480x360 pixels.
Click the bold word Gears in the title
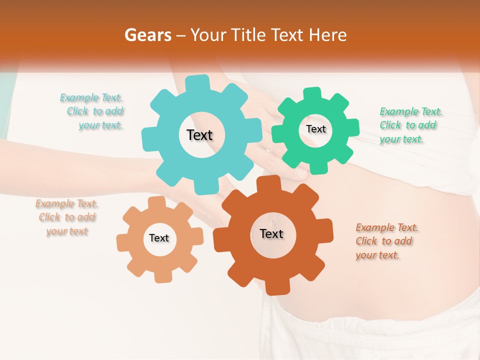(147, 35)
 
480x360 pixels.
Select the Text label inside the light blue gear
(199, 135)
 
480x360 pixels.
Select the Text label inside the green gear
(315, 129)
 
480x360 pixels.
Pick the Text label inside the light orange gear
(159, 238)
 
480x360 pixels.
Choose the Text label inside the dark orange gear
(271, 233)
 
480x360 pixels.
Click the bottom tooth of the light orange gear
(161, 276)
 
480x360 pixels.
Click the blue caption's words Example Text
(91, 97)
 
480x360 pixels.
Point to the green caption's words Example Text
(411, 111)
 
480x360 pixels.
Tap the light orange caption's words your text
(67, 231)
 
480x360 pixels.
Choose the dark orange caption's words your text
(377, 255)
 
